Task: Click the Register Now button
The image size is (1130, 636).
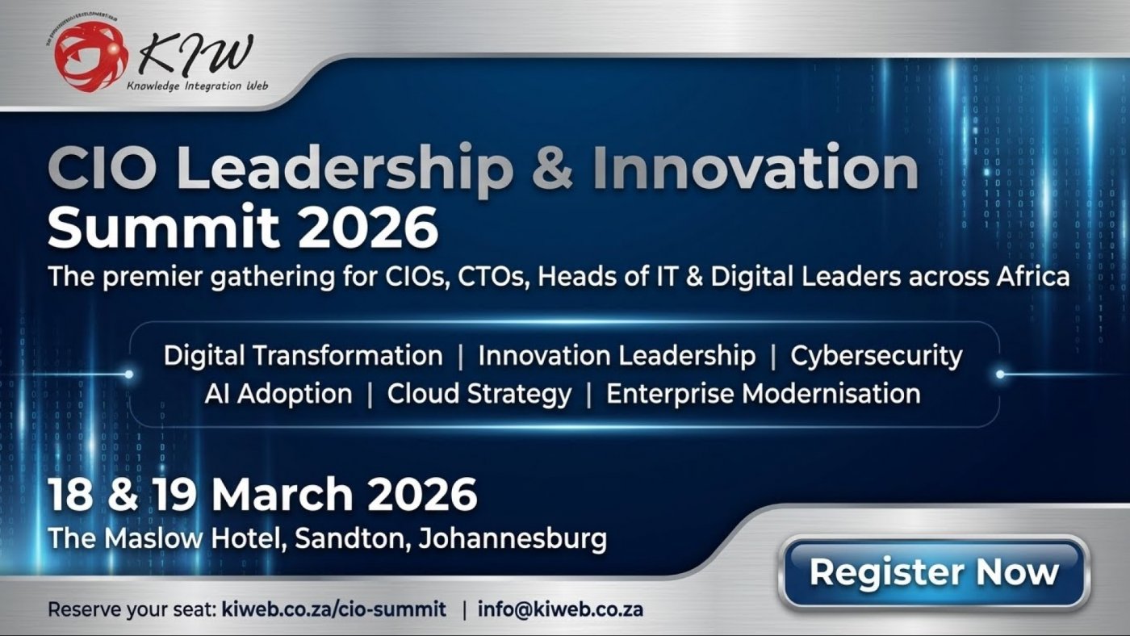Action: (934, 572)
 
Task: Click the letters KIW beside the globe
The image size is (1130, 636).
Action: (195, 55)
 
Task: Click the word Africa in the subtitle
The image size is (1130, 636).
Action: (1027, 276)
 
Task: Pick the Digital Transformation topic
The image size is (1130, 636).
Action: (303, 355)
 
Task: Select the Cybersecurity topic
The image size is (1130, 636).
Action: (876, 356)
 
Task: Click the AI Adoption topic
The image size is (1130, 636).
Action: (278, 394)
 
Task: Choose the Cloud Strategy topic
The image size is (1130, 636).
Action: (479, 394)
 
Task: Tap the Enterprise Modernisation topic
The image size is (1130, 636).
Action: (763, 394)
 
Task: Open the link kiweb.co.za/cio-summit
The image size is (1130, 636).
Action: (333, 609)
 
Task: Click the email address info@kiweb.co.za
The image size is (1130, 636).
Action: (560, 609)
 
